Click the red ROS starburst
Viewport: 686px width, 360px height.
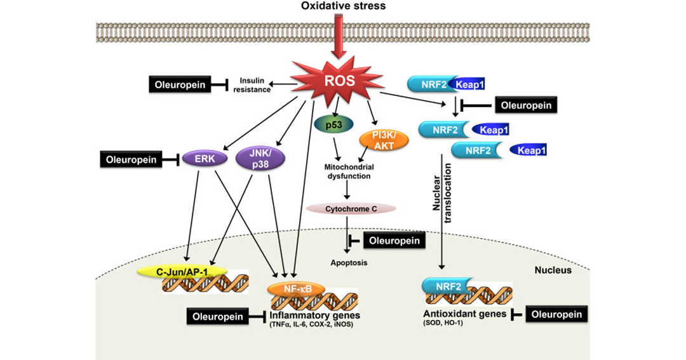[339, 81]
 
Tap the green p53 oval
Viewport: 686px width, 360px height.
[334, 125]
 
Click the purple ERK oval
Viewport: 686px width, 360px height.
[205, 159]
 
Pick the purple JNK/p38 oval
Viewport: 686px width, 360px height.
[260, 159]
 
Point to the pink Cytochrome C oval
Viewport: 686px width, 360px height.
[351, 209]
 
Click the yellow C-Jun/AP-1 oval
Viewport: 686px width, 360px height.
[182, 272]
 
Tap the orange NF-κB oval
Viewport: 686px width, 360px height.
[296, 289]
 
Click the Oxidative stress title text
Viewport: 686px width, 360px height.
[344, 6]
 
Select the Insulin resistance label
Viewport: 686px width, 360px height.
[252, 85]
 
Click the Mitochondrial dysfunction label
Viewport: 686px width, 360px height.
[349, 171]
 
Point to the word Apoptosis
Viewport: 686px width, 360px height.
[349, 262]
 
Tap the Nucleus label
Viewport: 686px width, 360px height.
[553, 270]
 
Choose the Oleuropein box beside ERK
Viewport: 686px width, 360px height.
[131, 159]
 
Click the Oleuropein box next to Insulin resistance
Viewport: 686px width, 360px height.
[180, 84]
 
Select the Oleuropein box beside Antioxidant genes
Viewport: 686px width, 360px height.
[556, 314]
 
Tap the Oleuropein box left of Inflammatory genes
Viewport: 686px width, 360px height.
[217, 316]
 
